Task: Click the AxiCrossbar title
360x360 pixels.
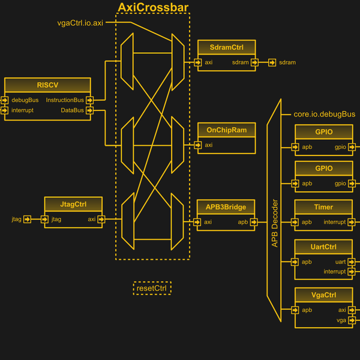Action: (x=153, y=7)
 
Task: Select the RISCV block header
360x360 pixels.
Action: (x=47, y=85)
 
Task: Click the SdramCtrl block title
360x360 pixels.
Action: (x=226, y=47)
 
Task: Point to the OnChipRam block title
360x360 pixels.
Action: (x=226, y=130)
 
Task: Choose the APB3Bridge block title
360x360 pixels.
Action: (x=226, y=207)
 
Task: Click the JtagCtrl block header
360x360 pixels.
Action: (x=73, y=204)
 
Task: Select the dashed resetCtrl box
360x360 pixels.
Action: (x=152, y=289)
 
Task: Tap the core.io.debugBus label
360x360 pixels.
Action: (x=324, y=114)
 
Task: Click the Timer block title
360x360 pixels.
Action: (x=323, y=207)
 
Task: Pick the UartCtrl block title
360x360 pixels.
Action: (x=323, y=247)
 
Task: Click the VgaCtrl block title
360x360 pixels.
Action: (x=323, y=295)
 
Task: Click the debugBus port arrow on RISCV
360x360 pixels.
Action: (x=5, y=100)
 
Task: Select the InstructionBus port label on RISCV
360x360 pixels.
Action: (x=65, y=100)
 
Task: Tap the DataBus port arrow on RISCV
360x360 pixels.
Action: (x=90, y=110)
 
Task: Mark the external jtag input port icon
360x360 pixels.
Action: (x=27, y=220)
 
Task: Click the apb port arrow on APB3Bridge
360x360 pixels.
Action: (x=254, y=222)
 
